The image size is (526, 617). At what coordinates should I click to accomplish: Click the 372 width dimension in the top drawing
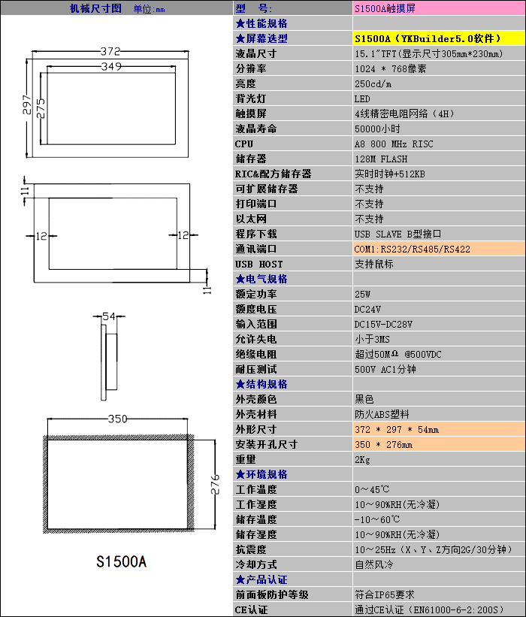click(110, 51)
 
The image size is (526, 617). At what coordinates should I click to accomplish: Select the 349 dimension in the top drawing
click(110, 67)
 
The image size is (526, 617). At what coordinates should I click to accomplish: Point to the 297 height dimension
click(27, 104)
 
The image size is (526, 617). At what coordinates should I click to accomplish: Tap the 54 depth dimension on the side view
click(109, 316)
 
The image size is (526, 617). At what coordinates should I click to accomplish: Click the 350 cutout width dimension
click(117, 419)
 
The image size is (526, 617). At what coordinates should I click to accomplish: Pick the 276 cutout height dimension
click(215, 484)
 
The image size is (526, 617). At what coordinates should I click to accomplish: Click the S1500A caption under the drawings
click(121, 561)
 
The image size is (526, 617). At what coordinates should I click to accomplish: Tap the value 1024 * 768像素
click(390, 68)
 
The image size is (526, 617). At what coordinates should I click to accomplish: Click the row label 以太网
click(251, 219)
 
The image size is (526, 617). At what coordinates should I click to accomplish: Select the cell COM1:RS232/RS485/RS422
click(412, 249)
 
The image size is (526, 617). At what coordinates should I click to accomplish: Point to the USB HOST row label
click(258, 264)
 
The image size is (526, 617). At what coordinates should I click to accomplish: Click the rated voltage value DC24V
click(367, 309)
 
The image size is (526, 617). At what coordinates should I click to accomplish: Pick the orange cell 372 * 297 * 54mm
click(397, 429)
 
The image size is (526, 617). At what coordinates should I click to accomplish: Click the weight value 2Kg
click(362, 459)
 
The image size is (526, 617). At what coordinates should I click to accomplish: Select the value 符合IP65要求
click(384, 594)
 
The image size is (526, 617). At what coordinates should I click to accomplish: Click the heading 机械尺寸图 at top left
click(95, 8)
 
